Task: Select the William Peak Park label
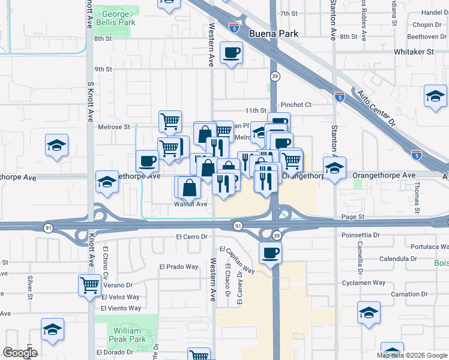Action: tap(127, 335)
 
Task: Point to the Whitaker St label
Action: tap(413, 52)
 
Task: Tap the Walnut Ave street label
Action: tap(190, 204)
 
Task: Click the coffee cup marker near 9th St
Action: tap(231, 53)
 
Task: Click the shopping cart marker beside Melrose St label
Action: tap(170, 121)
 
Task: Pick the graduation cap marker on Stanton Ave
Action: tap(334, 167)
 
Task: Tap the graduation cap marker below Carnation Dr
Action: tap(369, 312)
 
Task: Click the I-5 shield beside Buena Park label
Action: tap(234, 28)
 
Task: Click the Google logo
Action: tap(19, 353)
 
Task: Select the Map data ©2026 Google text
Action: tap(412, 355)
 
